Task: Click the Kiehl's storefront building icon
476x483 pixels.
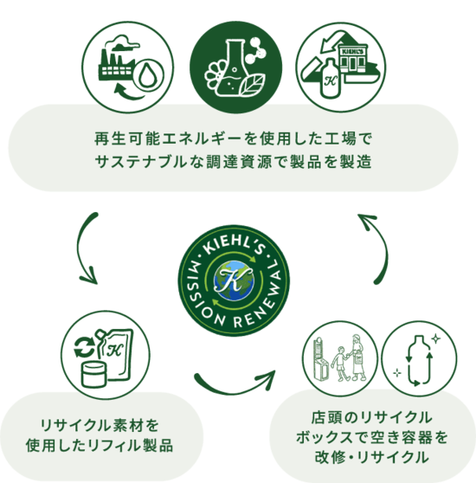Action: (353, 59)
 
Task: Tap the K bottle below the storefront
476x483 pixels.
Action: (331, 79)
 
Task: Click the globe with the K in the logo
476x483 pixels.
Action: (234, 280)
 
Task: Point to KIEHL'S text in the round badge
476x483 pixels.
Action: (234, 246)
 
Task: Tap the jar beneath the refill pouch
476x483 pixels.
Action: (94, 375)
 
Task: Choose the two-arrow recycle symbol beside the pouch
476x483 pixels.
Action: (85, 347)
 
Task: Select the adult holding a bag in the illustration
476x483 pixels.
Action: (357, 357)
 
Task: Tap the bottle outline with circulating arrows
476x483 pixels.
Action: (419, 360)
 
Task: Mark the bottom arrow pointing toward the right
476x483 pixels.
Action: (234, 389)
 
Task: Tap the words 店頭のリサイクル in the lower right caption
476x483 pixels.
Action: (372, 418)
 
